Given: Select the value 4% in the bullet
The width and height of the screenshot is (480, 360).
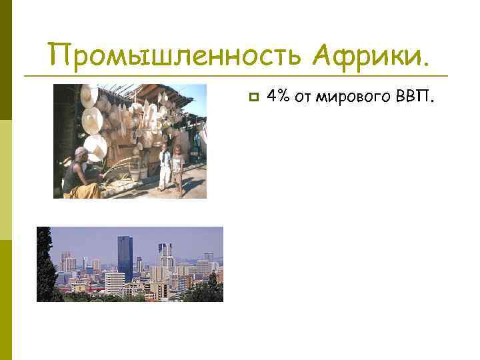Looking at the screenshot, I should (x=279, y=97).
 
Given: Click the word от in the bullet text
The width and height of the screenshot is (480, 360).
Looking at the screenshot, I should (x=305, y=98).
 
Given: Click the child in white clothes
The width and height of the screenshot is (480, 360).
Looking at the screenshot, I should (x=165, y=167).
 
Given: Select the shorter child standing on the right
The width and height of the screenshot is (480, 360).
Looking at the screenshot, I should (x=178, y=169).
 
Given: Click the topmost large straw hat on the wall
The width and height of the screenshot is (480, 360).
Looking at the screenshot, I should (x=89, y=96).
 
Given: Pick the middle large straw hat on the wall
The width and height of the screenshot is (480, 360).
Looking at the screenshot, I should (x=91, y=119).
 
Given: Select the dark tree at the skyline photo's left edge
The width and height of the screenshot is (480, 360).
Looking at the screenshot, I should (x=46, y=267).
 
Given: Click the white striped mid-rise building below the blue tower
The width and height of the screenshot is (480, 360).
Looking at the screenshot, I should (x=115, y=281).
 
